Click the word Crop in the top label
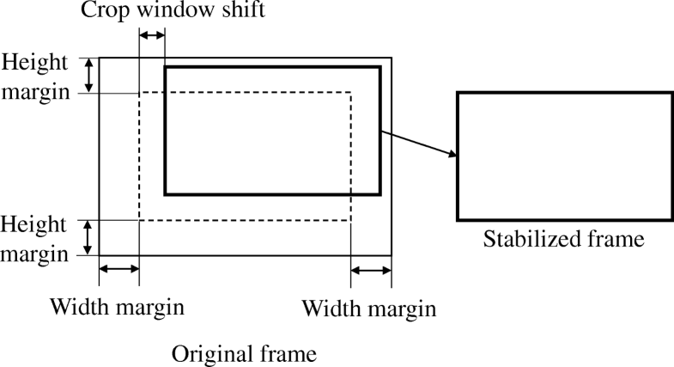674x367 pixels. click(101, 12)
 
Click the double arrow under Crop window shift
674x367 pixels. click(152, 35)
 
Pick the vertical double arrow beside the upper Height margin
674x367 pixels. click(88, 75)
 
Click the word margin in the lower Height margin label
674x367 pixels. click(34, 254)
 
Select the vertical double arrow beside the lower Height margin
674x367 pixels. click(88, 238)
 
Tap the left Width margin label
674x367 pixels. click(116, 307)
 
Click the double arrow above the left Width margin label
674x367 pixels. click(119, 270)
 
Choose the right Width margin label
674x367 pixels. click(370, 308)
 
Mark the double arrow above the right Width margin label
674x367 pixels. click(371, 271)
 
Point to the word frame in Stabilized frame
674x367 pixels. click(616, 239)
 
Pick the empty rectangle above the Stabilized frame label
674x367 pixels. click(564, 155)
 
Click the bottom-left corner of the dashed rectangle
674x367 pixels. click(139, 221)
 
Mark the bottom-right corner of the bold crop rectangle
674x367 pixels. click(380, 194)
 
